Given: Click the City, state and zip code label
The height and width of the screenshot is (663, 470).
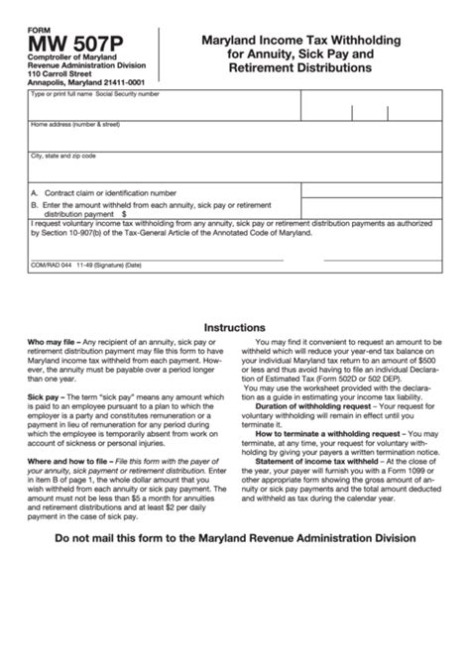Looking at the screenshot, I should pyautogui.click(x=63, y=157).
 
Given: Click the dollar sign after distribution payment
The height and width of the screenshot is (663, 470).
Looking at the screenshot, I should pyautogui.click(x=125, y=212).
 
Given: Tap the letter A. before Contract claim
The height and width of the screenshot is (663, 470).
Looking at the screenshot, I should pyautogui.click(x=35, y=192).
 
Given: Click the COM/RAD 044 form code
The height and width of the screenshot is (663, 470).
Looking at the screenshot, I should pyautogui.click(x=53, y=266).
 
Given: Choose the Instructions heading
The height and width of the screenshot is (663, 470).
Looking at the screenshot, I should pyautogui.click(x=234, y=327).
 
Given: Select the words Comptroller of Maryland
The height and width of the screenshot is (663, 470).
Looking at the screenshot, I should pyautogui.click(x=68, y=55).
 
